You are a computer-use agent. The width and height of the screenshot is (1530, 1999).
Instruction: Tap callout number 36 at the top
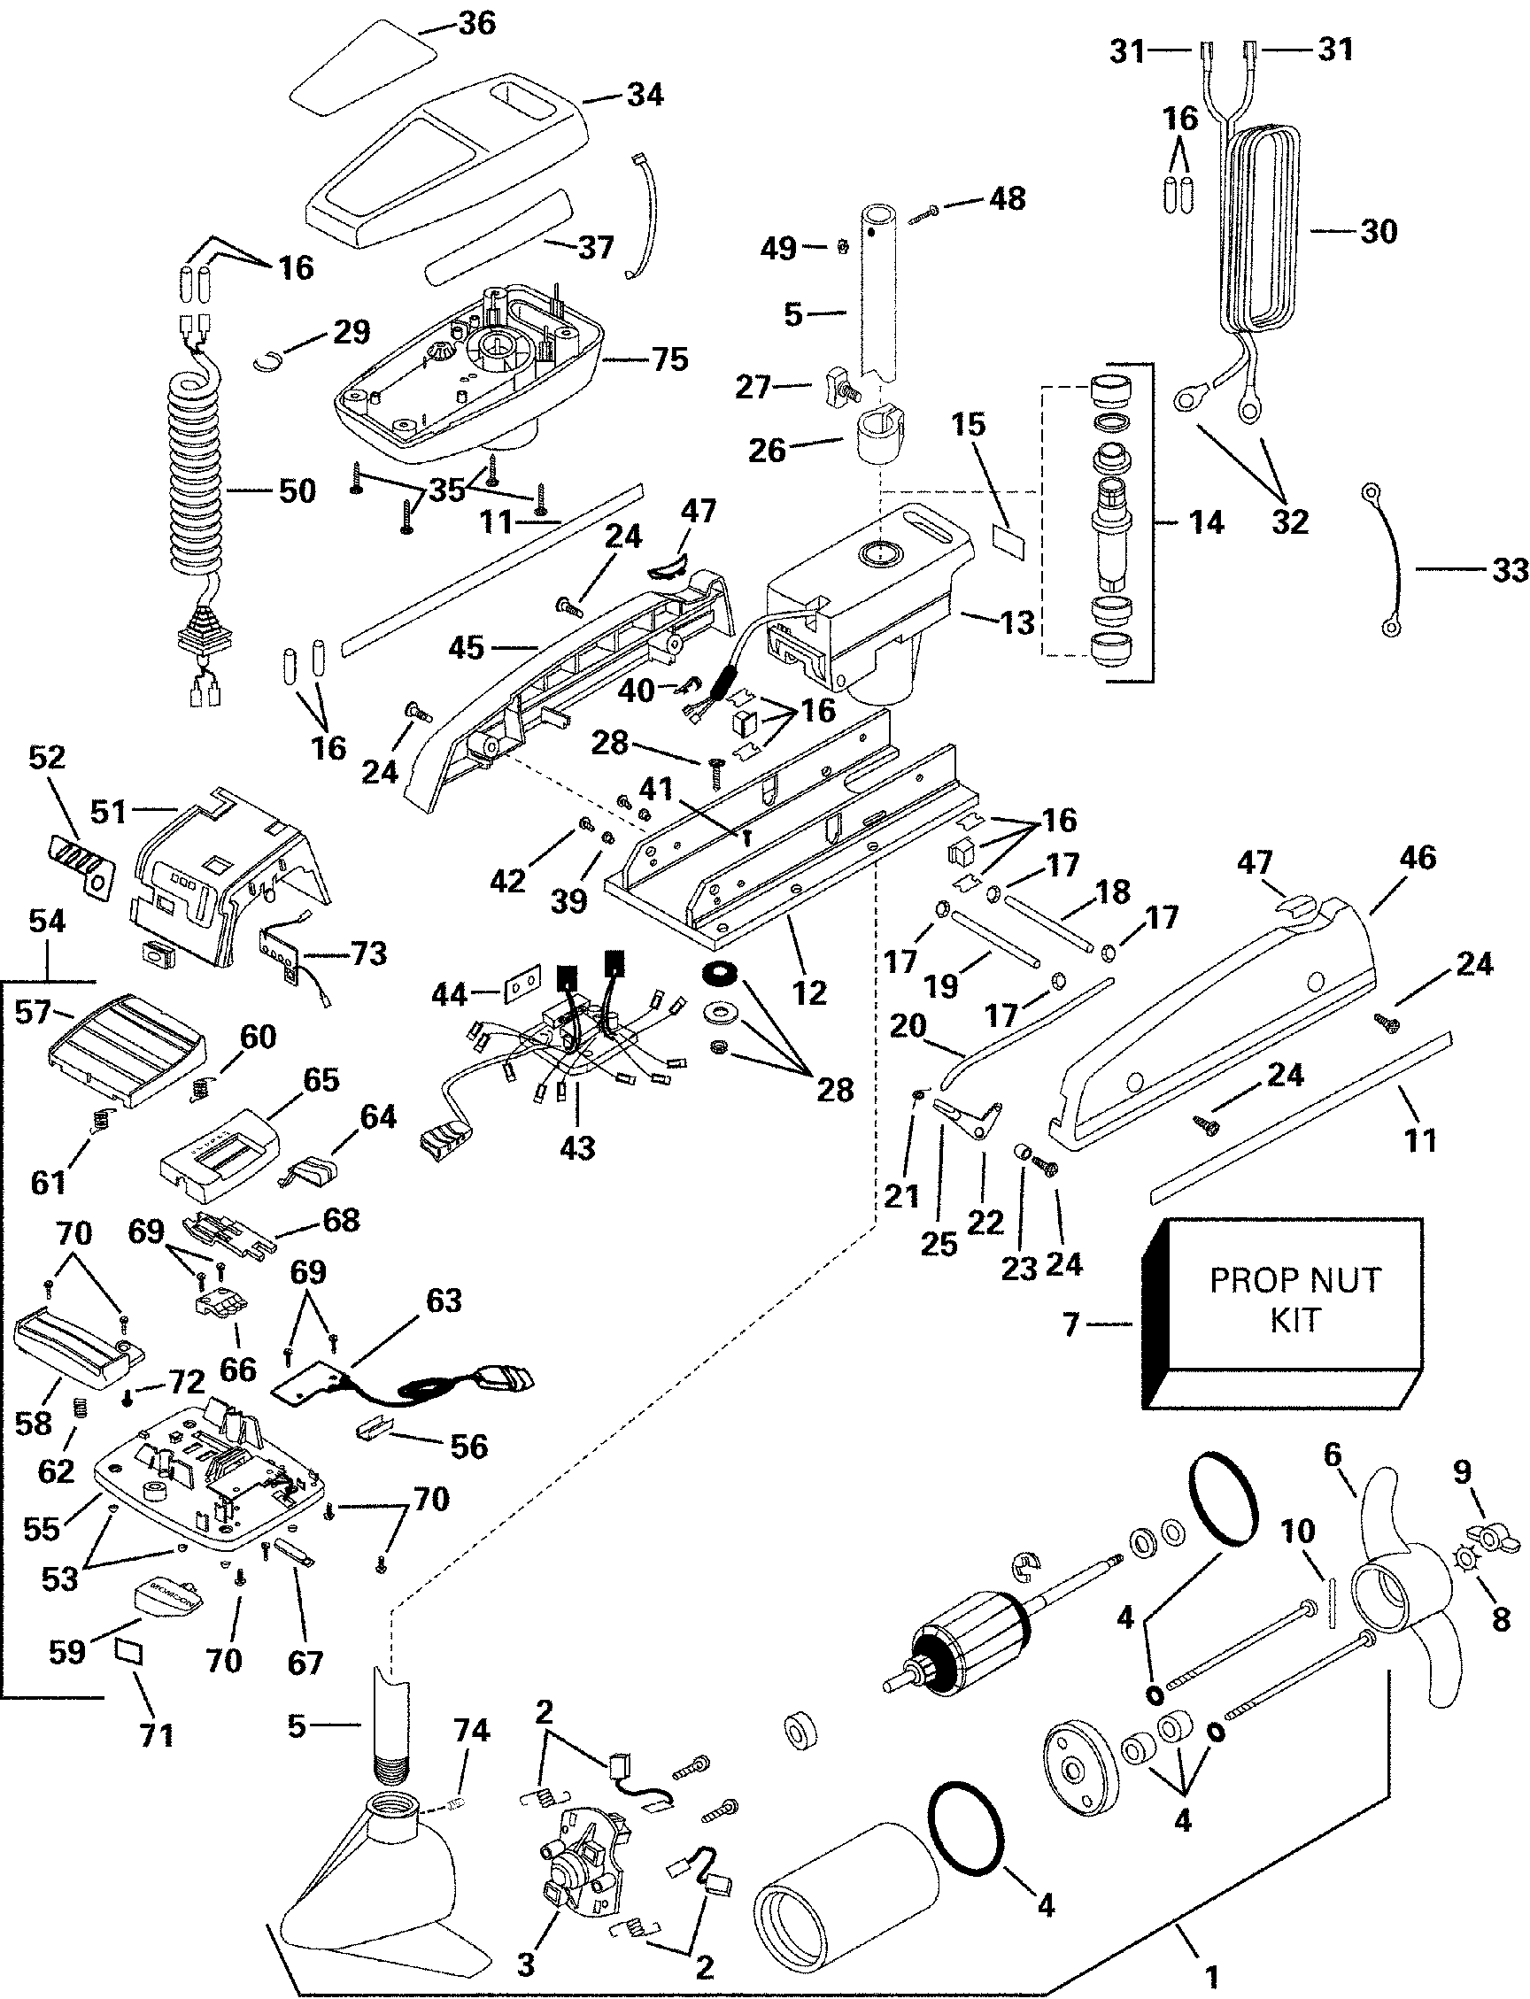click(476, 23)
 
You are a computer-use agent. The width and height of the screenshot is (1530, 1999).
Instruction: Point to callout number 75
click(669, 359)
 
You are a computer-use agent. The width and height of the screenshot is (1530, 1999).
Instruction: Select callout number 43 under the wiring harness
click(576, 1148)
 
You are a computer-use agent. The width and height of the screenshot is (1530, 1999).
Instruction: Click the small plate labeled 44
click(522, 990)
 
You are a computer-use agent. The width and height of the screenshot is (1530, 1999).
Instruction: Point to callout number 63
click(444, 1301)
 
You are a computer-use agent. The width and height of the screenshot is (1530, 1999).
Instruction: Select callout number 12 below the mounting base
click(809, 992)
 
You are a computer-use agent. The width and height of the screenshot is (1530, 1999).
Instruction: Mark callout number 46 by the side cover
click(1416, 857)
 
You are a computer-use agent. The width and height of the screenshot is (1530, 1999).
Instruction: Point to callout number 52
click(47, 758)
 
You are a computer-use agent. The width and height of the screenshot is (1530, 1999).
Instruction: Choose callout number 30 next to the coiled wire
click(1378, 231)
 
